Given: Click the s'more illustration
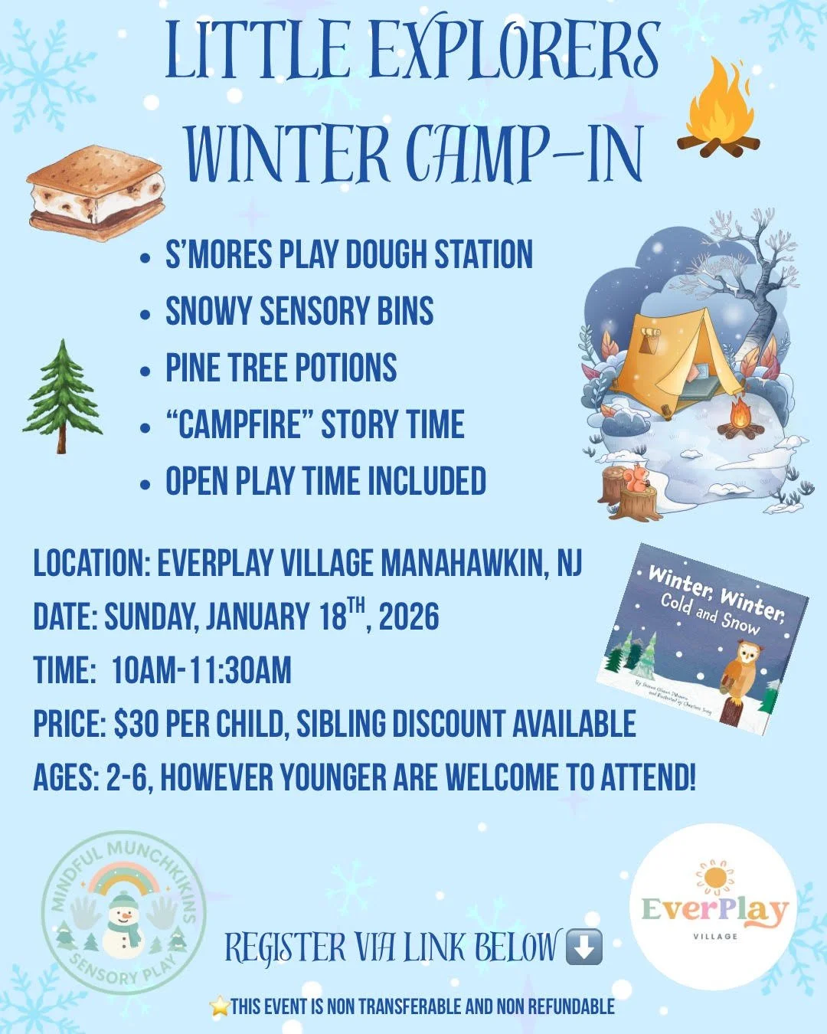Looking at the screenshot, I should pyautogui.click(x=95, y=192).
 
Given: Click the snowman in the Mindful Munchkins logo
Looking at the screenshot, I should pyautogui.click(x=123, y=923).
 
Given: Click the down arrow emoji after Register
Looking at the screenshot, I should pyautogui.click(x=583, y=947).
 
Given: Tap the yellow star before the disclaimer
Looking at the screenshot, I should pyautogui.click(x=220, y=1006).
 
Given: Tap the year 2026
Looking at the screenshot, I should pyautogui.click(x=409, y=617).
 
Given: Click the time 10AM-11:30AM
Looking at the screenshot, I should pyautogui.click(x=201, y=670).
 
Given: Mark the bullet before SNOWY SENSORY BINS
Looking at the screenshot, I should pyautogui.click(x=145, y=313).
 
